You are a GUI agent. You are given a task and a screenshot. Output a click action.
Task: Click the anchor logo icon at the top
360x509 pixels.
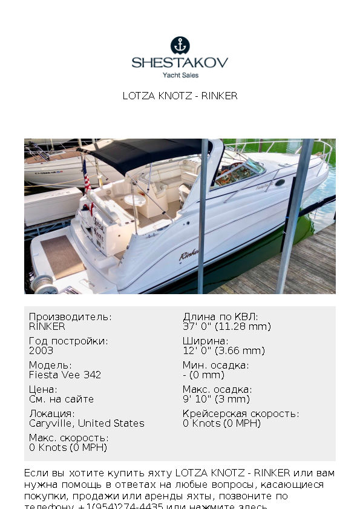pos(180,45)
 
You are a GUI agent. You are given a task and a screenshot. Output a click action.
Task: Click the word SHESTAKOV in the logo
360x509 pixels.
pos(180,62)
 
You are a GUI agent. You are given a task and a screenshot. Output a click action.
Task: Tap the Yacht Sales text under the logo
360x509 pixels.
pos(180,75)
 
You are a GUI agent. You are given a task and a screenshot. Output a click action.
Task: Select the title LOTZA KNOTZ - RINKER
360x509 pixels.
pos(180,96)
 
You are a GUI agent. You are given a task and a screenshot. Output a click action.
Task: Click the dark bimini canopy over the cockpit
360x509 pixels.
pos(145,153)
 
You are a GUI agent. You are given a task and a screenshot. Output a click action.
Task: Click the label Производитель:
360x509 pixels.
pos(70,317)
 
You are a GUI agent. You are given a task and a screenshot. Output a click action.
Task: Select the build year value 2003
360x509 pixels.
pos(41,350)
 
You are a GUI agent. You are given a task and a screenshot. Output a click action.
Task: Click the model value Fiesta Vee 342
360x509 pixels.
pos(65,375)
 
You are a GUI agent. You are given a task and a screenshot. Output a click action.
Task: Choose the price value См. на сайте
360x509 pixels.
pos(61,399)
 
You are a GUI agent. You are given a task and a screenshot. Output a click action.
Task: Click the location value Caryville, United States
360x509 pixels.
pos(87,423)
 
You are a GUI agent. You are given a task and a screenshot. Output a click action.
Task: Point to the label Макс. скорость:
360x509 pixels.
pos(68,438)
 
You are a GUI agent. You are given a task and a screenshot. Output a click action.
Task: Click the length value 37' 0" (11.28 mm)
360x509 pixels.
pos(226,326)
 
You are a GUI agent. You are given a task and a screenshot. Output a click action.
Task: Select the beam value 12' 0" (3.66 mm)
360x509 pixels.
pos(223,350)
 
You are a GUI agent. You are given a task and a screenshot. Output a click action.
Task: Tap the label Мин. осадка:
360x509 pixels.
pos(215,365)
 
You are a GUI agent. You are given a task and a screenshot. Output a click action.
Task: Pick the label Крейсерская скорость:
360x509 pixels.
pos(240,413)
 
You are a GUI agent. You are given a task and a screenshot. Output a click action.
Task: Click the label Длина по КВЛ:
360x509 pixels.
pos(220,317)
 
